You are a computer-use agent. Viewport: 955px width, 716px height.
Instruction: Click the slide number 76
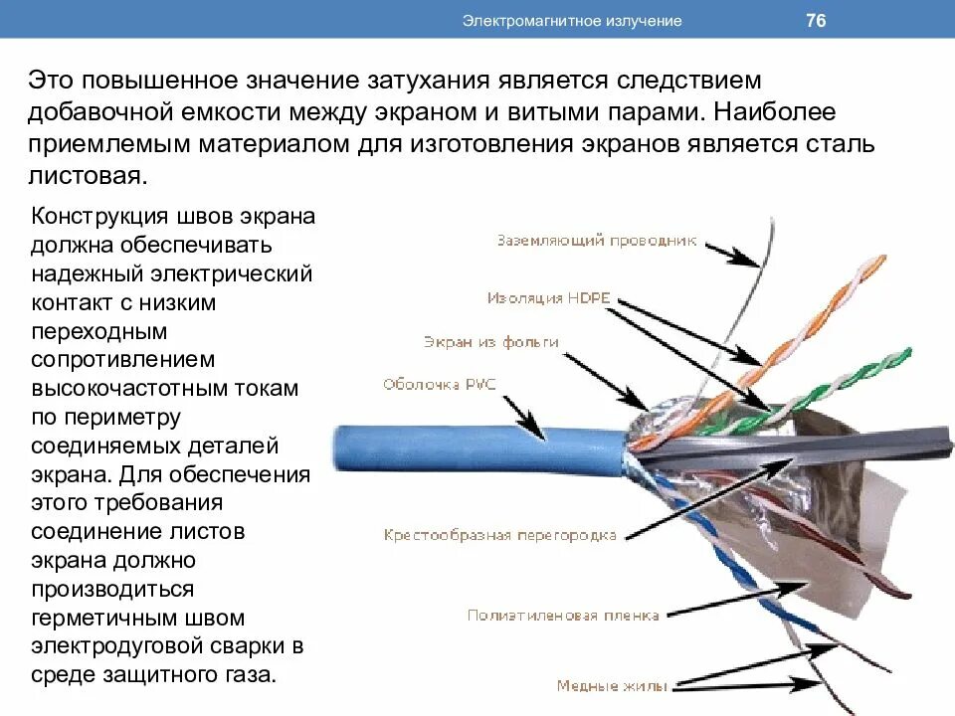816,20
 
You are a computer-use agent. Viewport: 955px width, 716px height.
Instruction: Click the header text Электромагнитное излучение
571,21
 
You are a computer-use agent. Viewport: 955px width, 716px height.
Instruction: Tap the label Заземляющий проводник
596,241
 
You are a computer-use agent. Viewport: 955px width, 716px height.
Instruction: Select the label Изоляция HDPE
548,297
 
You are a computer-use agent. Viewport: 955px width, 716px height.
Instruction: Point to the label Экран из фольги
490,342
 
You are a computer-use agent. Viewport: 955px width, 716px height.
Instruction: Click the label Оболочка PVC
439,385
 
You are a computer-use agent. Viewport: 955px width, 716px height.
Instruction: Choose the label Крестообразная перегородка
499,535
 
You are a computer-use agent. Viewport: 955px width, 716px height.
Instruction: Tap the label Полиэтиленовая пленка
563,616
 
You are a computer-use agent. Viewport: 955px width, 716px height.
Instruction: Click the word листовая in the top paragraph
88,176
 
